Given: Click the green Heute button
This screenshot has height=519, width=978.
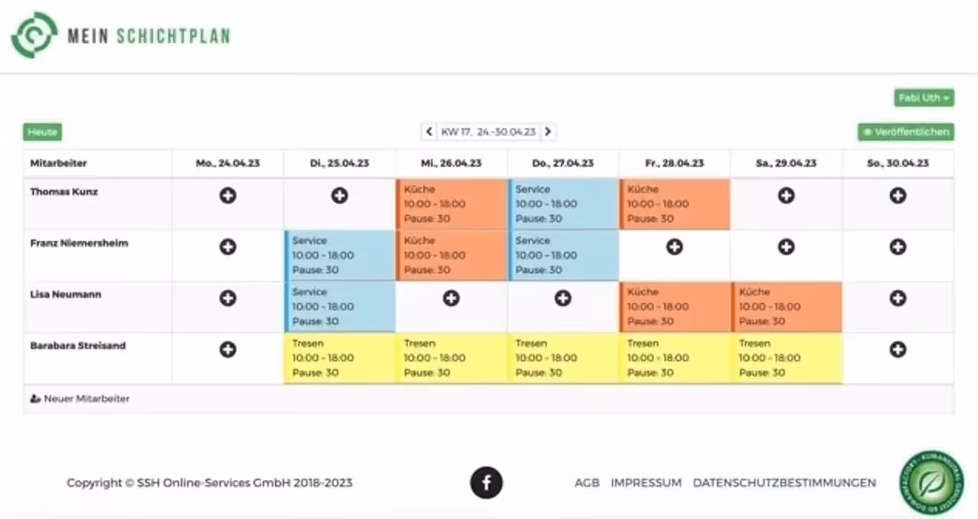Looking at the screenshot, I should click(x=42, y=132).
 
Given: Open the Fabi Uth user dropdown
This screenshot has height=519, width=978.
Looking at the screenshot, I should click(x=924, y=98).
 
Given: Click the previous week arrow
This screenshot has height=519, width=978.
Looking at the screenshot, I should click(x=429, y=132).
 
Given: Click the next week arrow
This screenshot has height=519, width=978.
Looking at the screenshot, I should click(x=548, y=132).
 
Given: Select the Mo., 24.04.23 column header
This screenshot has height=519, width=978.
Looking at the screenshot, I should click(x=228, y=163).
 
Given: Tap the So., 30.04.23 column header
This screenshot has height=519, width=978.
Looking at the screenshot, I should click(x=898, y=163).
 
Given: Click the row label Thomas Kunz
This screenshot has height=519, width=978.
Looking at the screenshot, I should click(x=64, y=192).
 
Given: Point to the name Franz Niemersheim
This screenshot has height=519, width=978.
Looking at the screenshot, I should click(x=79, y=243).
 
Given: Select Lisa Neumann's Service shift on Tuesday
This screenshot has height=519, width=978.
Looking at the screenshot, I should click(x=340, y=307).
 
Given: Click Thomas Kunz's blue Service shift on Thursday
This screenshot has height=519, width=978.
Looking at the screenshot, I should click(x=563, y=204).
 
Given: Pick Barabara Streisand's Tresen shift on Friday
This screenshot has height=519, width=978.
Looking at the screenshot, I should click(x=675, y=358).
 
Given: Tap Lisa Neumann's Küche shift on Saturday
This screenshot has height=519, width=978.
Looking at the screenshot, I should click(x=787, y=307).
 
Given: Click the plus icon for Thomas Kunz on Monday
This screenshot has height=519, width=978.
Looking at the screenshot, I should click(x=228, y=196).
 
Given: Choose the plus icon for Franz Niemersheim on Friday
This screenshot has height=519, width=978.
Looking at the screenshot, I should click(x=675, y=247).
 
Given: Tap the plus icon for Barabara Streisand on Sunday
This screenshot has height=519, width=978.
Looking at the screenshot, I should click(x=898, y=349).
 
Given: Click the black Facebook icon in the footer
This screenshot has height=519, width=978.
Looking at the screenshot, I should click(x=487, y=482).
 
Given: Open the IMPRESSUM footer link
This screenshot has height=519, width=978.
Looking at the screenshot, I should click(x=646, y=483).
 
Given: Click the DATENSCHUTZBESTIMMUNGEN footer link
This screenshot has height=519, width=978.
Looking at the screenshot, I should click(x=784, y=483).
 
